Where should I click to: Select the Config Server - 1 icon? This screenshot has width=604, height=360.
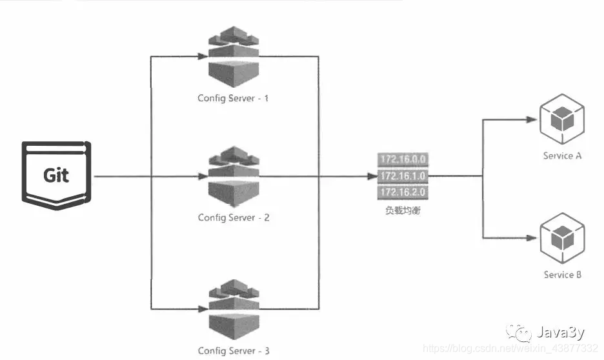(x=234, y=58)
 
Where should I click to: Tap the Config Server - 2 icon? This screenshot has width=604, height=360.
(x=234, y=177)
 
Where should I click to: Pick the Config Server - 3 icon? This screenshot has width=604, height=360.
(x=234, y=309)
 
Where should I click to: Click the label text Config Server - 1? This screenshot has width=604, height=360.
(x=234, y=99)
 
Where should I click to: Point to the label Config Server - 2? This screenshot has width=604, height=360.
(x=234, y=217)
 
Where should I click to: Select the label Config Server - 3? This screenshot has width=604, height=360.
(x=234, y=350)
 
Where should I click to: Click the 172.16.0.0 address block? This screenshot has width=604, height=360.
(x=404, y=159)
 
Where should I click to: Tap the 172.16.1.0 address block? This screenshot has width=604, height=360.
(x=404, y=175)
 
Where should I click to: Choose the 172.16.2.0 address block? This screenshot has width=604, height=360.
(x=404, y=192)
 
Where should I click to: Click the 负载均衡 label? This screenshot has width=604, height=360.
(x=403, y=210)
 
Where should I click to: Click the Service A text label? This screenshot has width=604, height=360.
(x=563, y=155)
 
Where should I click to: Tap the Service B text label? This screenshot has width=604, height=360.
(x=563, y=275)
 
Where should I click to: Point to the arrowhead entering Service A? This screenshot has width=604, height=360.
(x=533, y=120)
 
